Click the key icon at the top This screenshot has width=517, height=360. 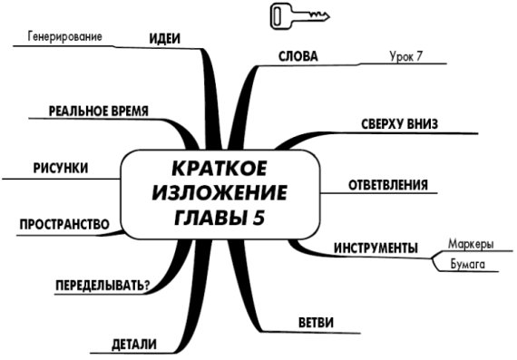click(x=298, y=16)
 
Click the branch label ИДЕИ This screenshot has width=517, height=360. click(x=164, y=38)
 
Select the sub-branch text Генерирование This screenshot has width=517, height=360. click(x=63, y=37)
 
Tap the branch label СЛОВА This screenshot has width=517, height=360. click(x=298, y=56)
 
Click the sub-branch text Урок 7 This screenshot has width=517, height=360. click(x=405, y=56)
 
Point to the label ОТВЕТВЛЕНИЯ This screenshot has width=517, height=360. click(x=389, y=186)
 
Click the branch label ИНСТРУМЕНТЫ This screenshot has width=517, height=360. click(x=376, y=248)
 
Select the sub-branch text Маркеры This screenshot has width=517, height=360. click(x=471, y=244)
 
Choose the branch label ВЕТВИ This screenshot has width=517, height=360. click(x=316, y=322)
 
